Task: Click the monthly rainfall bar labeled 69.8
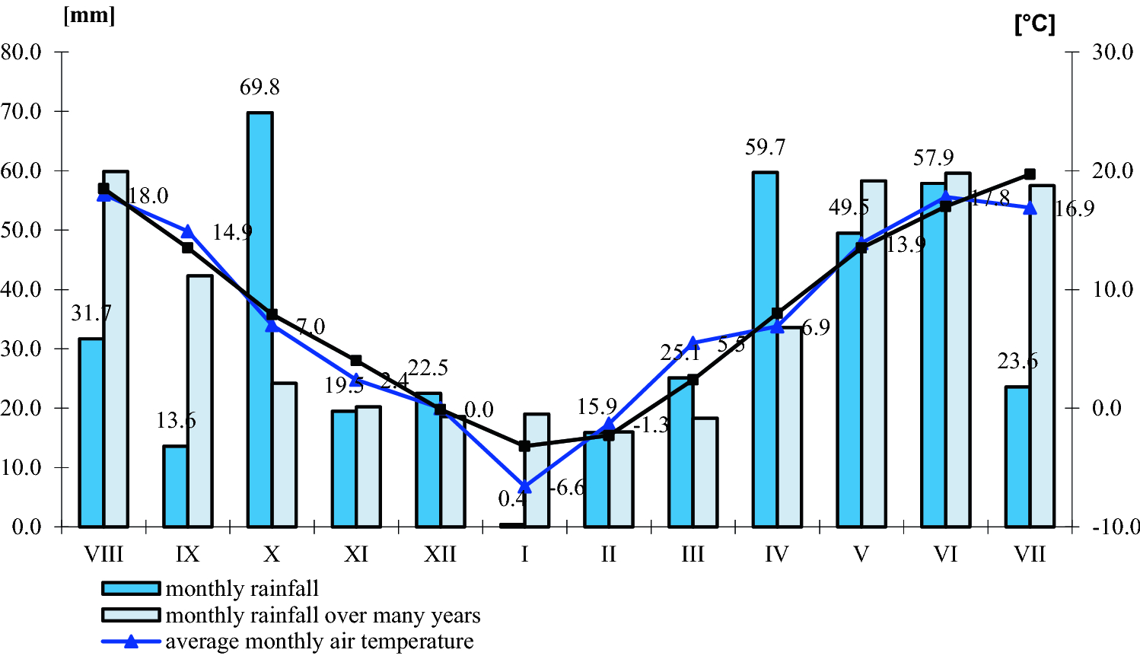(x=260, y=320)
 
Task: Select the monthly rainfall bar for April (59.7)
(x=765, y=349)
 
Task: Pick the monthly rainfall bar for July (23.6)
(x=1017, y=457)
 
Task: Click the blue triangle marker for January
(x=524, y=486)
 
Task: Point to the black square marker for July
(x=1030, y=174)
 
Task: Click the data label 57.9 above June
(x=933, y=158)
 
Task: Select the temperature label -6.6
(x=566, y=488)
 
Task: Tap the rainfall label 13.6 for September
(x=176, y=421)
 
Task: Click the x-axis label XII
(x=440, y=554)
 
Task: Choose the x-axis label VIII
(x=103, y=554)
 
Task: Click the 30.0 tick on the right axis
(x=1113, y=53)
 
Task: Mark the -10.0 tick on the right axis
(x=1116, y=527)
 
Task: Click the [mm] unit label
(x=89, y=16)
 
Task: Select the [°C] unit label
(x=1034, y=24)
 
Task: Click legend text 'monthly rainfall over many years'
(x=323, y=615)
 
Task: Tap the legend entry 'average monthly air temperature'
(x=319, y=642)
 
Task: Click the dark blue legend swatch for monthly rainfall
(x=131, y=588)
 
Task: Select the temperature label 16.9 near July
(x=1075, y=209)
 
